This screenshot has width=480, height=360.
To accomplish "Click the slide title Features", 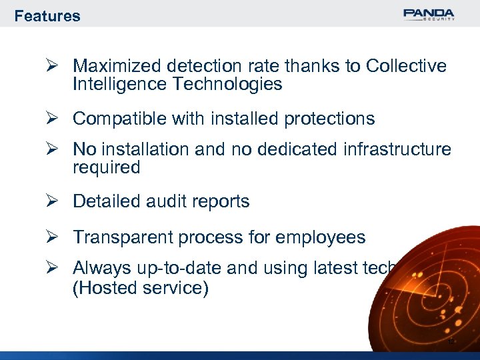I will (x=47, y=16).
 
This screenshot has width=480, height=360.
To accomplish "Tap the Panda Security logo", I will (x=429, y=14).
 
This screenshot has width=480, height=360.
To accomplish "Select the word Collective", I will (x=407, y=66).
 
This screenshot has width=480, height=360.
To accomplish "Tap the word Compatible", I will (x=116, y=119).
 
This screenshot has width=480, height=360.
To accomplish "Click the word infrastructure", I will (x=397, y=149).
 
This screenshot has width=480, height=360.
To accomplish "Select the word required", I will (x=107, y=167).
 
